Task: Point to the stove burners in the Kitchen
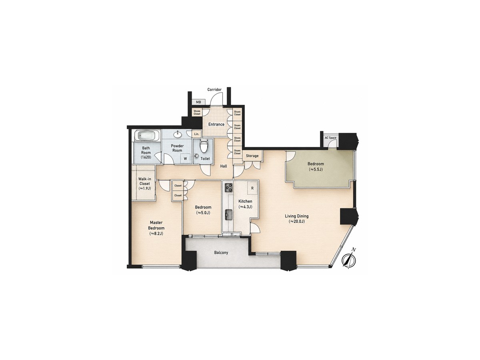pyautogui.click(x=229, y=188)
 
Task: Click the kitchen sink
pyautogui.click(x=229, y=215)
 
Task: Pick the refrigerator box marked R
pyautogui.click(x=252, y=188)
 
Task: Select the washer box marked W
pyautogui.click(x=185, y=158)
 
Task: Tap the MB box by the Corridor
pyautogui.click(x=198, y=102)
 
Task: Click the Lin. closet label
pyautogui.click(x=196, y=134)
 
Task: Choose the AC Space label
pyautogui.click(x=330, y=138)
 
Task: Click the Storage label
pyautogui.click(x=252, y=156)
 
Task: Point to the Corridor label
pyautogui.click(x=214, y=89)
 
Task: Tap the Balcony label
pyautogui.click(x=221, y=252)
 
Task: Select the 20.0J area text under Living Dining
pyautogui.click(x=296, y=222)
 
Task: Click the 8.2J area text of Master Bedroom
pyautogui.click(x=156, y=234)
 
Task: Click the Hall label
pyautogui.click(x=224, y=166)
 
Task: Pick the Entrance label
pyautogui.click(x=216, y=124)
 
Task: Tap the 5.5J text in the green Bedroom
pyautogui.click(x=316, y=169)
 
